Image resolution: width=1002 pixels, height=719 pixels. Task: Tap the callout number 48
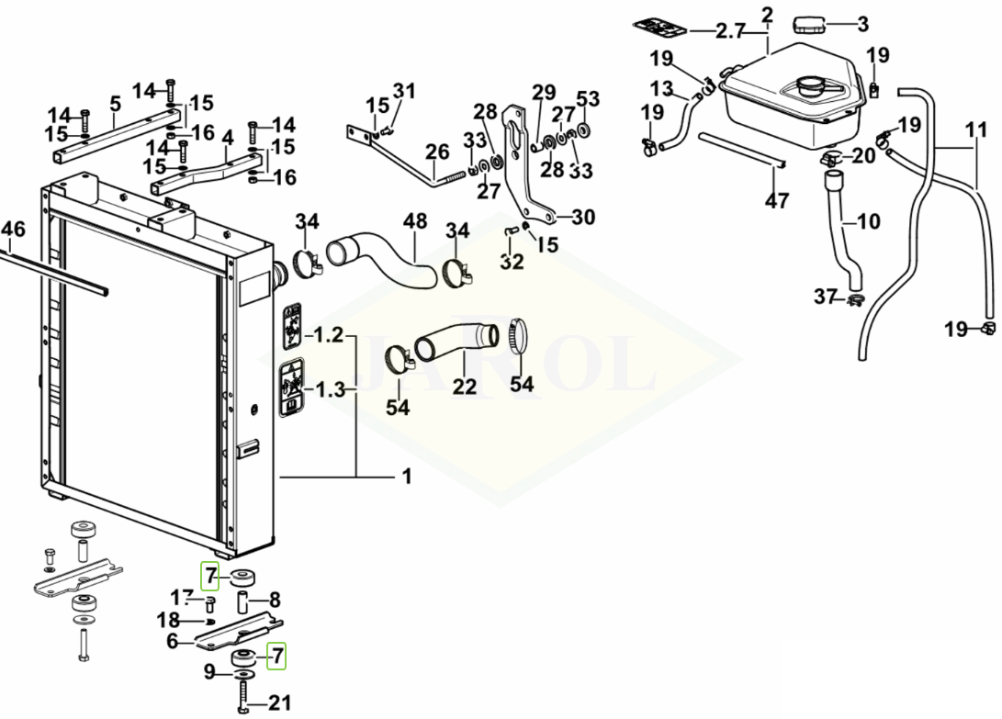pos(415,222)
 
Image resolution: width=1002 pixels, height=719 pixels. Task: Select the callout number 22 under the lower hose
pos(465,386)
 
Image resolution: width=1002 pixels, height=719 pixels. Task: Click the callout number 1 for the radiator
pos(405,477)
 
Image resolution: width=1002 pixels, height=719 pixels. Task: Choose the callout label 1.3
pos(329,390)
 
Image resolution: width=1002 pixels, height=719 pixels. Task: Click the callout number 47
pos(777,200)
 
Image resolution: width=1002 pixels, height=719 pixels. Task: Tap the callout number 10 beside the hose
pos(868,220)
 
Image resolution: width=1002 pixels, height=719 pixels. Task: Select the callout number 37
pos(826,296)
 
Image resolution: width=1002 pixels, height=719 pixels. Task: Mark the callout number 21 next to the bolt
pos(279,703)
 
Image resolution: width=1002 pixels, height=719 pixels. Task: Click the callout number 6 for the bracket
pos(172,641)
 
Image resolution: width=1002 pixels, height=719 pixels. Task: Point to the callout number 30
pos(582,217)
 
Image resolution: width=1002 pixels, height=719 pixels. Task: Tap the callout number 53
pos(588,98)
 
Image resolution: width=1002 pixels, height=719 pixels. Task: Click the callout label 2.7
pos(730,31)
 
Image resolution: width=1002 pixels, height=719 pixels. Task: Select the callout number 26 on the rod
pos(437,151)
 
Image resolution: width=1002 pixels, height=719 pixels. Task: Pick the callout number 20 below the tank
pos(863,156)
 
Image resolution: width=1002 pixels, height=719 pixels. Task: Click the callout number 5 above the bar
pos(115,104)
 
